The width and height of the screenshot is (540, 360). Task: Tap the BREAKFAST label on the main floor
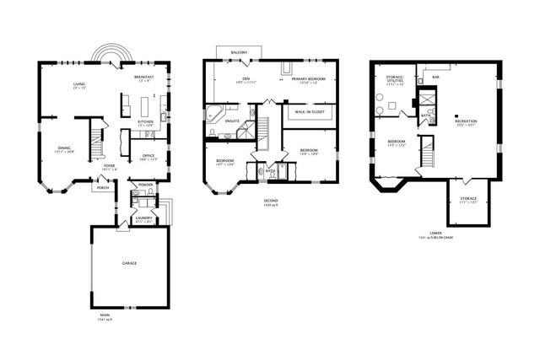[x=143, y=77]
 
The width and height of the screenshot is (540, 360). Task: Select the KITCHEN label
[x=146, y=122]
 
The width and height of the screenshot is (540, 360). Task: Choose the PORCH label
[x=103, y=187]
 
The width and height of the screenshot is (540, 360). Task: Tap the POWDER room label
[x=145, y=184]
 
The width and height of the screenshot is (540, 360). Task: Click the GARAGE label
[x=129, y=263]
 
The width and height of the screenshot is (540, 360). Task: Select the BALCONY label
[x=240, y=52]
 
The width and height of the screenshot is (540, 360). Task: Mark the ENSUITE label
[x=232, y=121]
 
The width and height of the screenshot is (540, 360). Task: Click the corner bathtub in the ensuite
[x=213, y=114]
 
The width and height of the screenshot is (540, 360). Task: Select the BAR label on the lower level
[x=435, y=77]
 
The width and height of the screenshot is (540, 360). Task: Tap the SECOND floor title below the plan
[x=269, y=201]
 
